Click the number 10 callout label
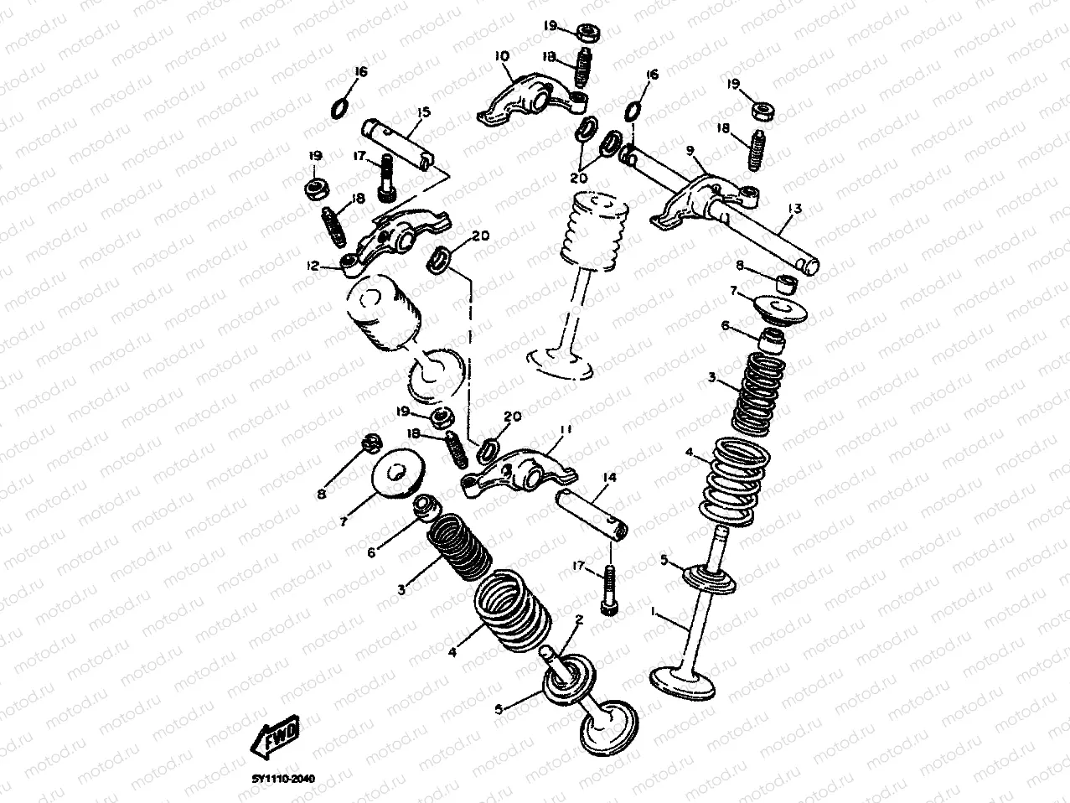501,56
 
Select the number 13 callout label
794,208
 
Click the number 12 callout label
313,266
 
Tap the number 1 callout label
654,613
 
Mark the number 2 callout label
577,620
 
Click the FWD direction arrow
275,738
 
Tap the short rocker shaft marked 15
399,143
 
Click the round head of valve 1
684,680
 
